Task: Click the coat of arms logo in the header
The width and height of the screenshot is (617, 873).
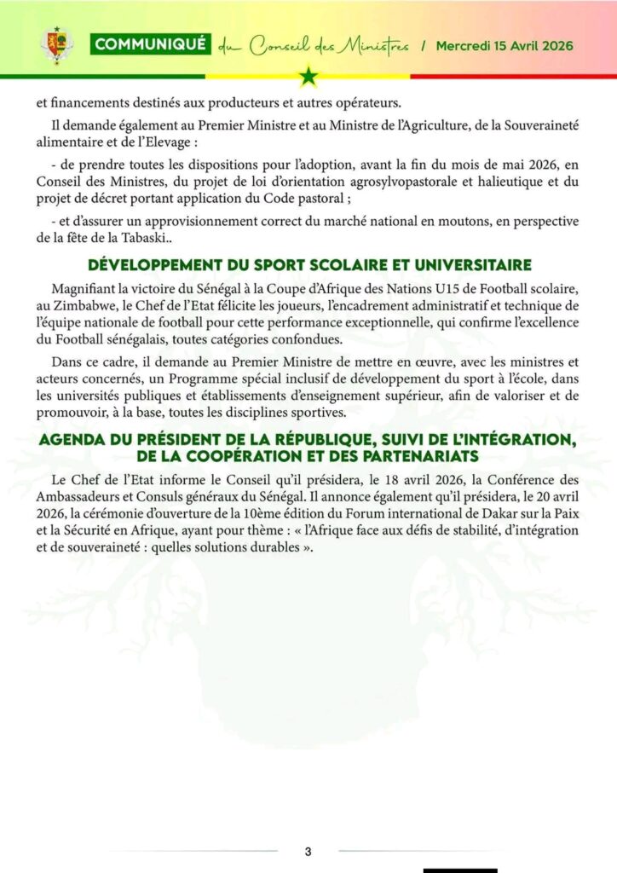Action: [x=57, y=45]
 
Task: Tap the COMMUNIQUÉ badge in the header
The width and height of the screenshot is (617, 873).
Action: [x=150, y=45]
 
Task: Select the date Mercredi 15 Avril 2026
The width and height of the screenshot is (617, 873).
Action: [x=505, y=45]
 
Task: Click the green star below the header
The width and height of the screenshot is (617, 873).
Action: [x=308, y=77]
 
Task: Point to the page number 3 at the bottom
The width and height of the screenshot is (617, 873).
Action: [x=308, y=852]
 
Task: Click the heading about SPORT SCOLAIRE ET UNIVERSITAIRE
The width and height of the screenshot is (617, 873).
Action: [x=308, y=263]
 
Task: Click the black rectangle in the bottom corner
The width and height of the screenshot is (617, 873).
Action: [x=460, y=870]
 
